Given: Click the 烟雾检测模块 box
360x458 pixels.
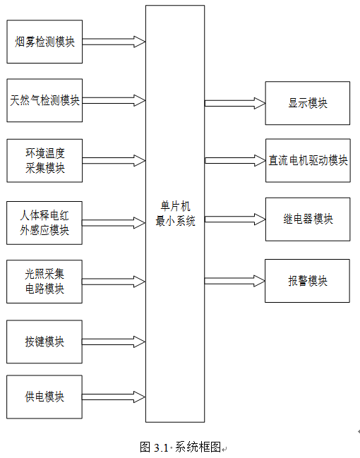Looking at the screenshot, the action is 44,42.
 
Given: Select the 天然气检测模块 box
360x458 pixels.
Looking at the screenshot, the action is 44,100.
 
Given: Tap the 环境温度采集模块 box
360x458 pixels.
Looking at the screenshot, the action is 44,161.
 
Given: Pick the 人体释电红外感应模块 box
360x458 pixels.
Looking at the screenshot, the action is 44,223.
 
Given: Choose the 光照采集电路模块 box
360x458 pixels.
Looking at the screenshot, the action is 44,282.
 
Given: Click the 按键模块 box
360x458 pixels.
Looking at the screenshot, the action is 44,342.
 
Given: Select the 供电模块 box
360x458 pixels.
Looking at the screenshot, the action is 44,397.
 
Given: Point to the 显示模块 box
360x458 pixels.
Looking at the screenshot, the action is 307,103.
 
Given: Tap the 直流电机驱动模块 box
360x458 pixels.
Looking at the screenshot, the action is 308,161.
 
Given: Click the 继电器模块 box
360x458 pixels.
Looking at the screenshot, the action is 308,219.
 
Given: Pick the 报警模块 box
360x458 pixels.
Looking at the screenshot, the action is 307,281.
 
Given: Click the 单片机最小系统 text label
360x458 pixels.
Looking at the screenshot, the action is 175,214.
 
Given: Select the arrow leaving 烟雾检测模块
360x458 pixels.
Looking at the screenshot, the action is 114,42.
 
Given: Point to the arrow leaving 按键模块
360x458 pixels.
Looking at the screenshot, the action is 114,342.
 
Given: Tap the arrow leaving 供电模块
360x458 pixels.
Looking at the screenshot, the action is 114,397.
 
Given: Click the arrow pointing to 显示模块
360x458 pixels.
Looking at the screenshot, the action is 235,103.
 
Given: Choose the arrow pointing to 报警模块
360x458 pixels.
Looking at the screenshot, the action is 234,281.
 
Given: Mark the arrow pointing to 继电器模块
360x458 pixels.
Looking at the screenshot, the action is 235,219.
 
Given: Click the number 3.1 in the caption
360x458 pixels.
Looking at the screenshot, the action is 161,447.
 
